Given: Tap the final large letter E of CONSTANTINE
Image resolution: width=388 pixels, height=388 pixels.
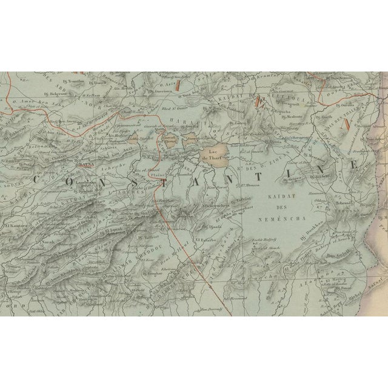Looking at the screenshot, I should [x=352, y=166].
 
